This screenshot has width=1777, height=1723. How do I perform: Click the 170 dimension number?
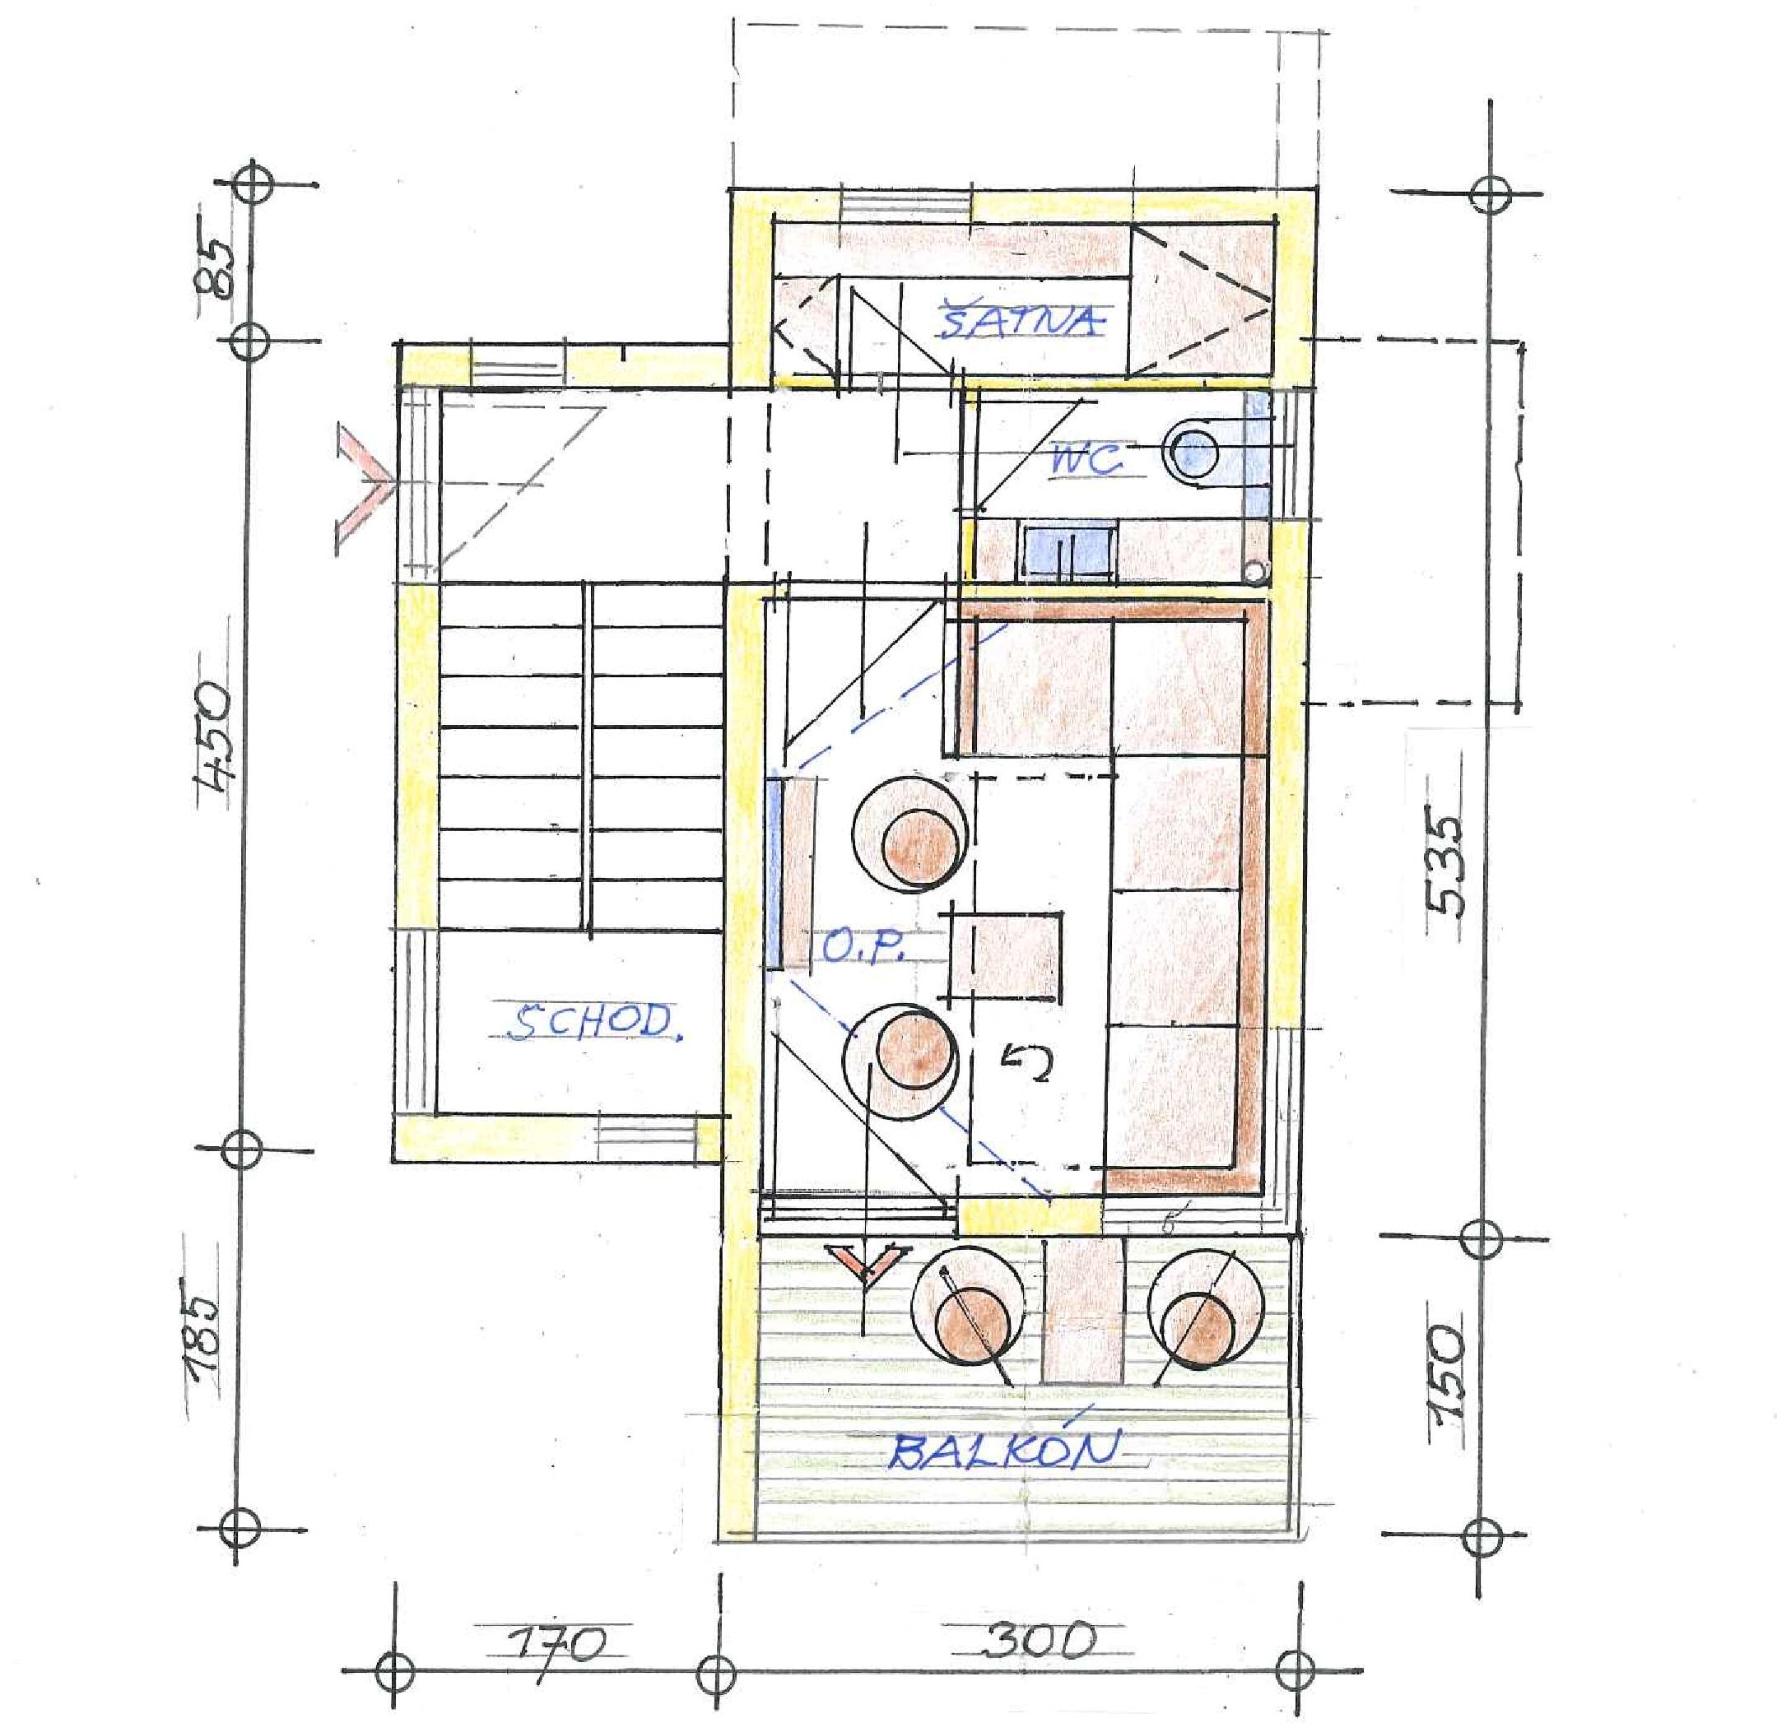point(556,1642)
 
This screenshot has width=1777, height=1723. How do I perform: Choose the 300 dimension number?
point(1039,1637)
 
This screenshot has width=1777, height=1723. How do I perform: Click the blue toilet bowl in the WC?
point(1196,450)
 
